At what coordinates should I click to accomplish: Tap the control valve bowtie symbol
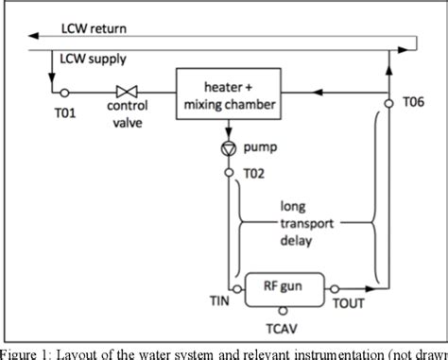click(x=122, y=93)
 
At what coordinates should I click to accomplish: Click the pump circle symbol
click(x=228, y=149)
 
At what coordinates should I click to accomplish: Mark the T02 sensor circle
click(x=228, y=173)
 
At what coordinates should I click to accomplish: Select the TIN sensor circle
click(x=228, y=289)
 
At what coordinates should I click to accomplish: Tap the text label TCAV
click(x=281, y=332)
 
